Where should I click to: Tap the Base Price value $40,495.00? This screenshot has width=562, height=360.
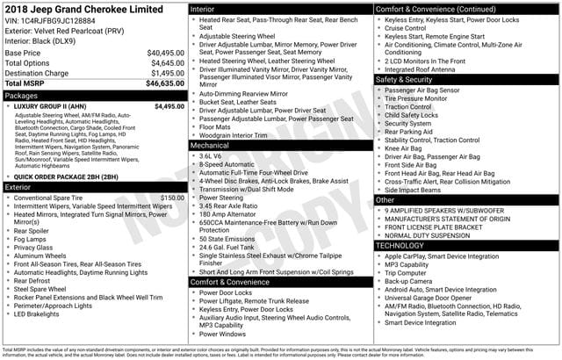[x=165, y=53]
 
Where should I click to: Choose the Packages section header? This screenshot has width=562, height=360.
[x=21, y=94]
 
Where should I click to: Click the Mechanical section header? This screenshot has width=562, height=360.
[x=210, y=145]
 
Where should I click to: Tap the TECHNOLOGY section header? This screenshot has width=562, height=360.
[x=400, y=245]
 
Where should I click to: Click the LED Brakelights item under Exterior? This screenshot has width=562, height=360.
[x=43, y=313]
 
